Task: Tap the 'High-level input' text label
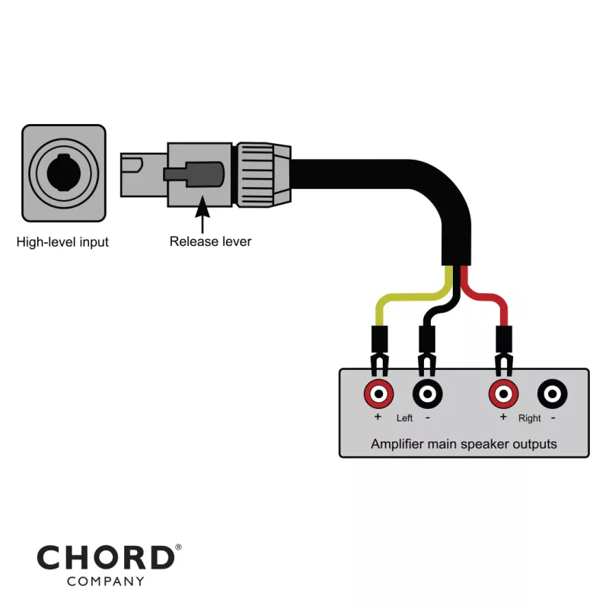coord(62,243)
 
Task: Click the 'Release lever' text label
coord(210,242)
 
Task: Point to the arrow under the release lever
coord(202,213)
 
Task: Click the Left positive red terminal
coord(378,394)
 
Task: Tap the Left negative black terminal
coord(427,394)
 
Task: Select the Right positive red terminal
coord(502,394)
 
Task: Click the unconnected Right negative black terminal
coord(552,394)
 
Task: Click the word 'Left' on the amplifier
coord(404,419)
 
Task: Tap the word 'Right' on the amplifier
coord(529,419)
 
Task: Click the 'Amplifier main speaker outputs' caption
coord(463,444)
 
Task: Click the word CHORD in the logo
coord(105,559)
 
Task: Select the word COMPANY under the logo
coord(105,582)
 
